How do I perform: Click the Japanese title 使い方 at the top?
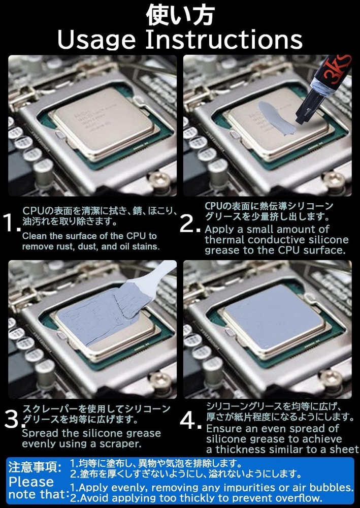point(180,15)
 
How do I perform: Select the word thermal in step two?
point(224,240)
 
